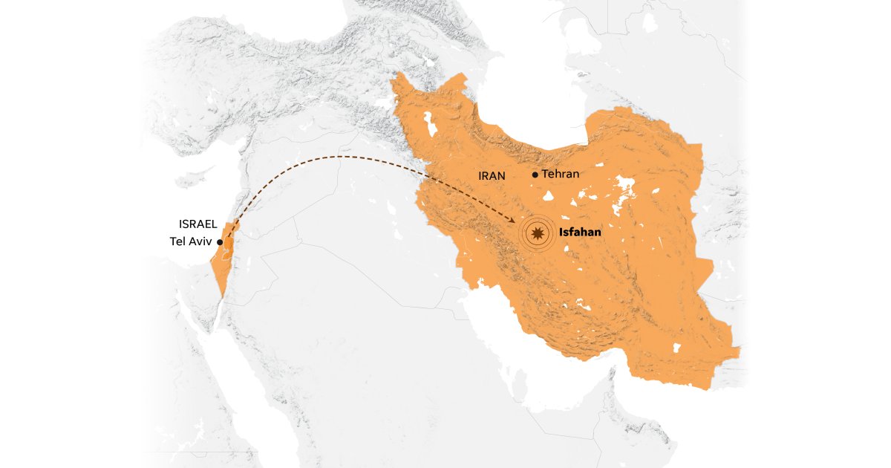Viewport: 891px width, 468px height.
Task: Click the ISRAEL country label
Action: (x=198, y=224)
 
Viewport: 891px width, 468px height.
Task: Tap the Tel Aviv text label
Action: (x=192, y=241)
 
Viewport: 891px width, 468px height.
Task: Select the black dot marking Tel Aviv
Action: (x=220, y=242)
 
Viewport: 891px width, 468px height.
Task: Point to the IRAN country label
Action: (x=492, y=176)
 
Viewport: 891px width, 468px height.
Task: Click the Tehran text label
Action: (x=561, y=174)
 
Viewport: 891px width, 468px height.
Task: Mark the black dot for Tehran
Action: (x=535, y=175)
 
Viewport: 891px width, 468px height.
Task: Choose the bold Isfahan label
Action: (x=580, y=233)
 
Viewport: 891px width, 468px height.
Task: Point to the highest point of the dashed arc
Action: (x=342, y=157)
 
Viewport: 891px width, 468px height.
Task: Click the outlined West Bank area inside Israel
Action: (x=227, y=245)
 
